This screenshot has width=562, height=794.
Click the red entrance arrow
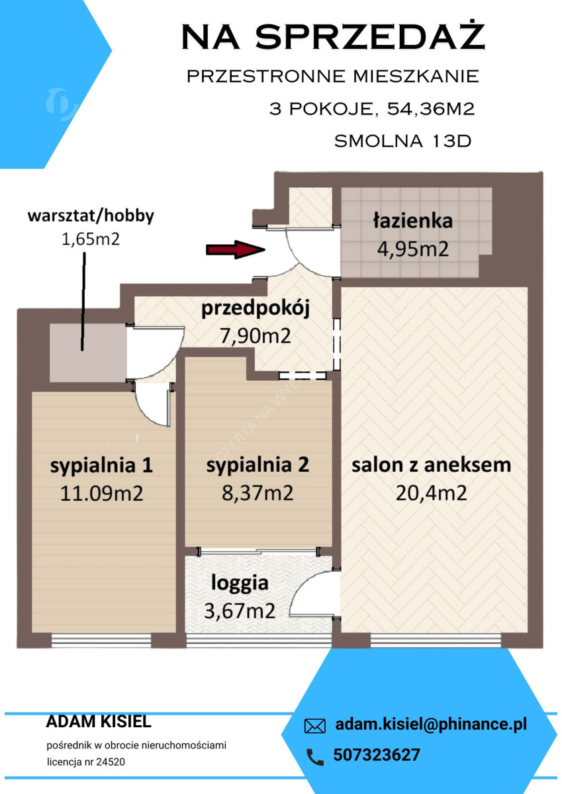236,249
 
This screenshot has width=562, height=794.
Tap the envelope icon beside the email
314,727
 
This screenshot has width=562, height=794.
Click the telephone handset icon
314,757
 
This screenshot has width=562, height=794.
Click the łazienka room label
412,220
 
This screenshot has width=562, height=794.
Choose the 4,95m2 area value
412,249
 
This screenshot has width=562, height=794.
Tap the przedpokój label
256,308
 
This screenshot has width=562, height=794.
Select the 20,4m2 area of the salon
431,493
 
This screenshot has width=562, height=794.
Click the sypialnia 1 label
101,465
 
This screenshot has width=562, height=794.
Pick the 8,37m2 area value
258,493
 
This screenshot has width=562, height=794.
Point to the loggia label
240,583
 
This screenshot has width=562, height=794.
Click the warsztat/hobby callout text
91,216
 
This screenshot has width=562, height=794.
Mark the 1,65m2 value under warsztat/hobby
91,240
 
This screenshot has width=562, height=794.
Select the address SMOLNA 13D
402,141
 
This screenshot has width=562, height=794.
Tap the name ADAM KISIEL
99,722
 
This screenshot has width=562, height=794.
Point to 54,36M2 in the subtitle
431,109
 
